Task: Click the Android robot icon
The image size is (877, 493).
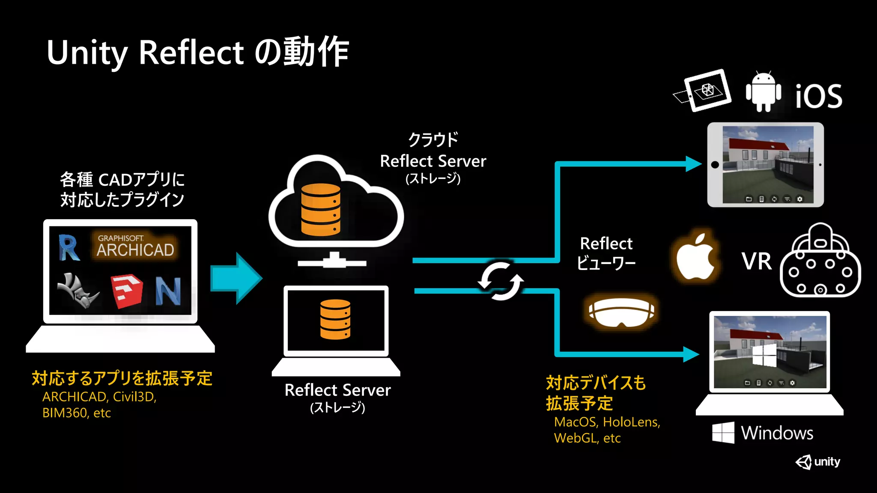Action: pyautogui.click(x=763, y=92)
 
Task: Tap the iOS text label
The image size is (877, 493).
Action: pyautogui.click(x=818, y=96)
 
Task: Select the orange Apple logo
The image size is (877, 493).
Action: pyautogui.click(x=695, y=257)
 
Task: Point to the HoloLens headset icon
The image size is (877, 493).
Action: pyautogui.click(x=621, y=312)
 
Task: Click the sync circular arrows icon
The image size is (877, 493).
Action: pyautogui.click(x=501, y=281)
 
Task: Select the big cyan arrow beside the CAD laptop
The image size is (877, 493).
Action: pyautogui.click(x=236, y=278)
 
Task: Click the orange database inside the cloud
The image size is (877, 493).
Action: pyautogui.click(x=320, y=210)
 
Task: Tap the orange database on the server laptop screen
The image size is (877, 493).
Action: pyautogui.click(x=335, y=320)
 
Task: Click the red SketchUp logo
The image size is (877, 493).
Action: pyautogui.click(x=126, y=291)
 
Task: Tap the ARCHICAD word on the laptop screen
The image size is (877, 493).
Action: pyautogui.click(x=135, y=250)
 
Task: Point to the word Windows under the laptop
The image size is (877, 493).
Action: pyautogui.click(x=777, y=433)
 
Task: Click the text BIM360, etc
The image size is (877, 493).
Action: pyautogui.click(x=76, y=413)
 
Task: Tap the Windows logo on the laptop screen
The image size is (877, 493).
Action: pyautogui.click(x=764, y=355)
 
